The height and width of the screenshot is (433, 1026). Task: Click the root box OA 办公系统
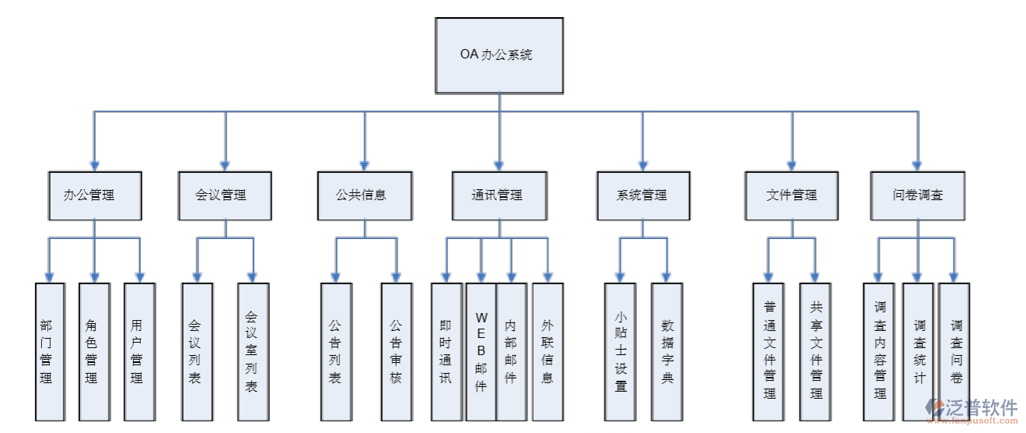[498, 55]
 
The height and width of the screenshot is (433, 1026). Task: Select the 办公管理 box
[94, 195]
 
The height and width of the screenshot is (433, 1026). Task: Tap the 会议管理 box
[225, 195]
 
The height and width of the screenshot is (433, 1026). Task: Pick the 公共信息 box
[363, 195]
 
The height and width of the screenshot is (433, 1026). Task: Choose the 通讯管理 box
[498, 195]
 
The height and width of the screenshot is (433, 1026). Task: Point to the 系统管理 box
[643, 195]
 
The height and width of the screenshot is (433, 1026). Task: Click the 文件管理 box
[792, 195]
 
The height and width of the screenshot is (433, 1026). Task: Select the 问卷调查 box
[918, 195]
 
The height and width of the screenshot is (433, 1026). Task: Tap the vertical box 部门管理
[49, 351]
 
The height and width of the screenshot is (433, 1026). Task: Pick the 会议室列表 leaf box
[253, 351]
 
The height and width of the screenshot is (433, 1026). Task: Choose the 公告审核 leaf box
[396, 351]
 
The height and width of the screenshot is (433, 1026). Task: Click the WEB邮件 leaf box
[481, 351]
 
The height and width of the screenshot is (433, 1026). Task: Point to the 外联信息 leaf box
[548, 351]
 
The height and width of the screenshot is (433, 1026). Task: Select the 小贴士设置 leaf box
[620, 351]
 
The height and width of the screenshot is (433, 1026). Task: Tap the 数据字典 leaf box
[667, 351]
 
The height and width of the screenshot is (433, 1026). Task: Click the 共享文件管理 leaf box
[815, 351]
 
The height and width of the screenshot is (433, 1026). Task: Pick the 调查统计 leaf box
[919, 351]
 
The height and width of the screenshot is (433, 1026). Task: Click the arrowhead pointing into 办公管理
[94, 165]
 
